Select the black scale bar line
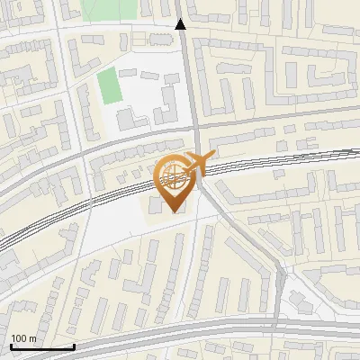[x=41, y=346]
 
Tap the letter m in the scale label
[x=32, y=338]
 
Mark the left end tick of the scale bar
[x=10, y=345]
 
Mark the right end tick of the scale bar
[x=74, y=345]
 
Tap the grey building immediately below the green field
[x=127, y=118]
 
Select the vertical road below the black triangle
[x=190, y=81]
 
